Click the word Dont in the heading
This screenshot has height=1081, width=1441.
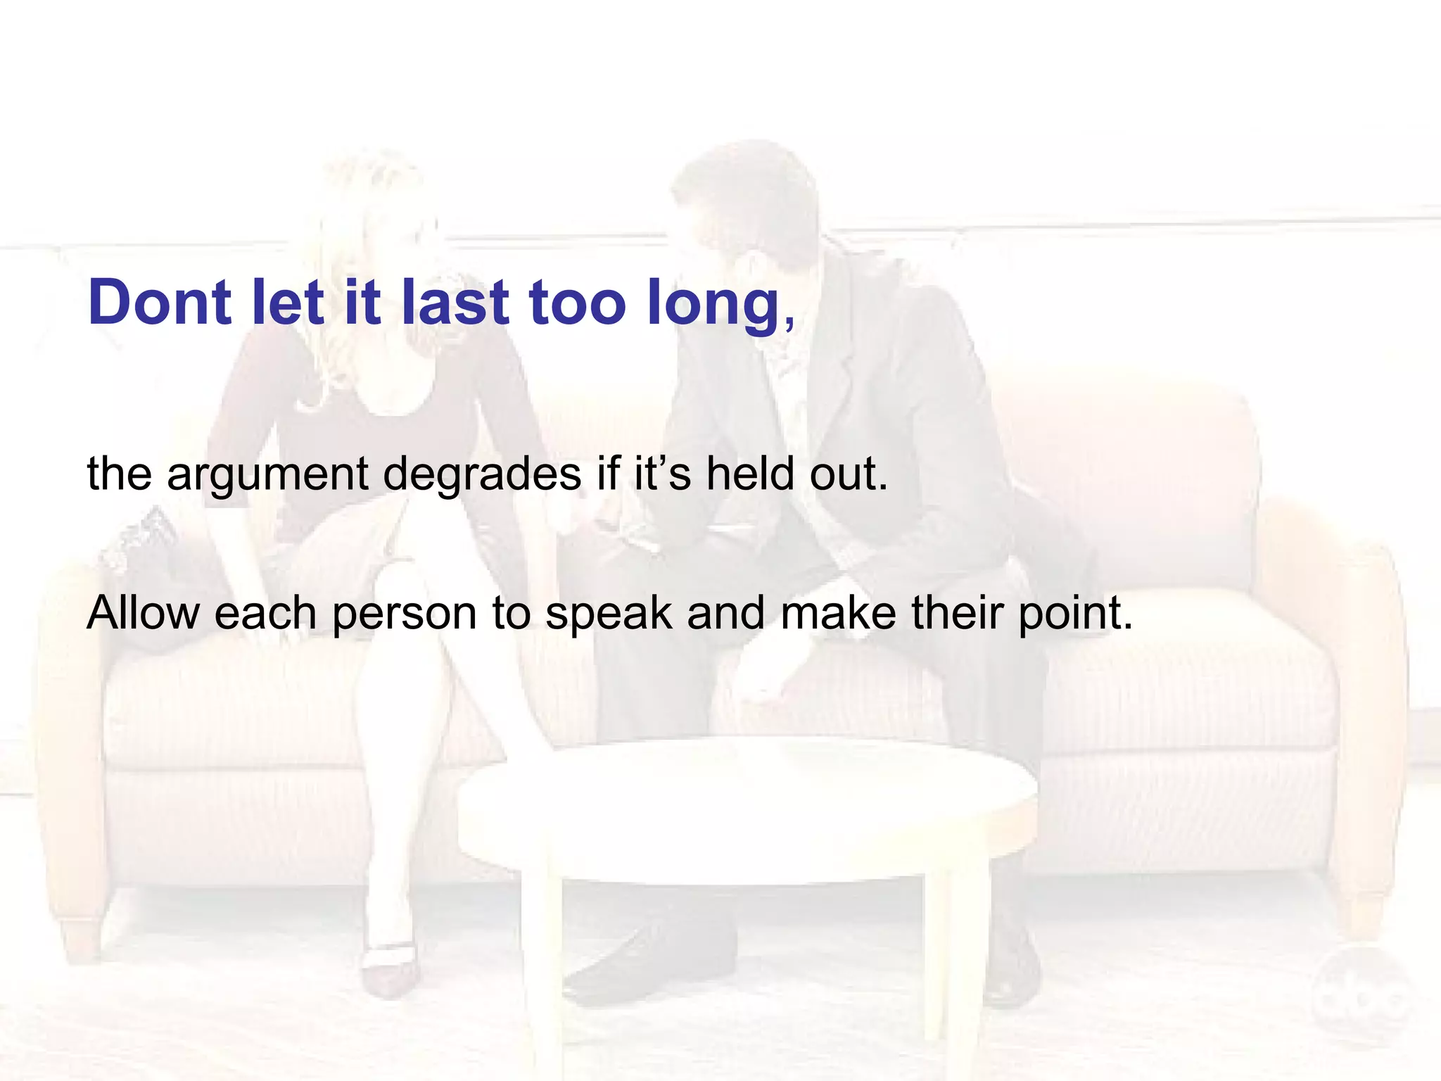[x=160, y=303]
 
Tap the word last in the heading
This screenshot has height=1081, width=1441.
[x=455, y=303]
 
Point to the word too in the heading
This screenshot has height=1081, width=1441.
[x=577, y=303]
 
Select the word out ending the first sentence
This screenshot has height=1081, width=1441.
[x=848, y=474]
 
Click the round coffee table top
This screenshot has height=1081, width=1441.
[x=746, y=809]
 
